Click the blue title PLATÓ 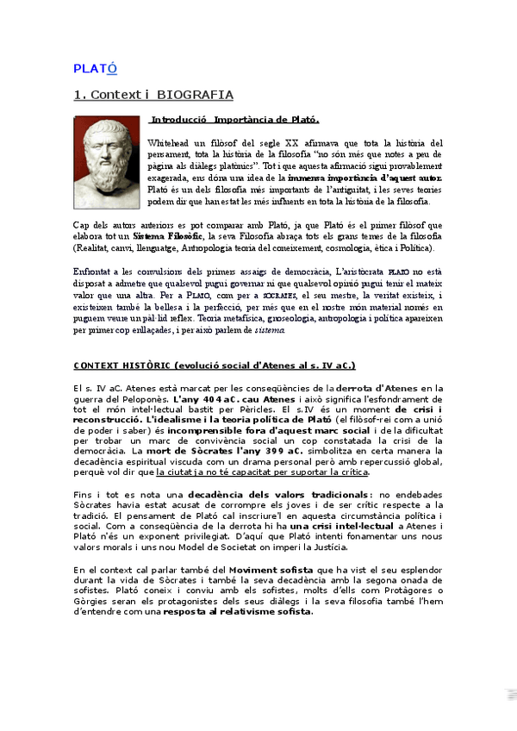tap(95, 68)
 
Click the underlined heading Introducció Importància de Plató tap(235, 119)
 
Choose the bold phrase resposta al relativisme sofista tap(238, 612)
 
